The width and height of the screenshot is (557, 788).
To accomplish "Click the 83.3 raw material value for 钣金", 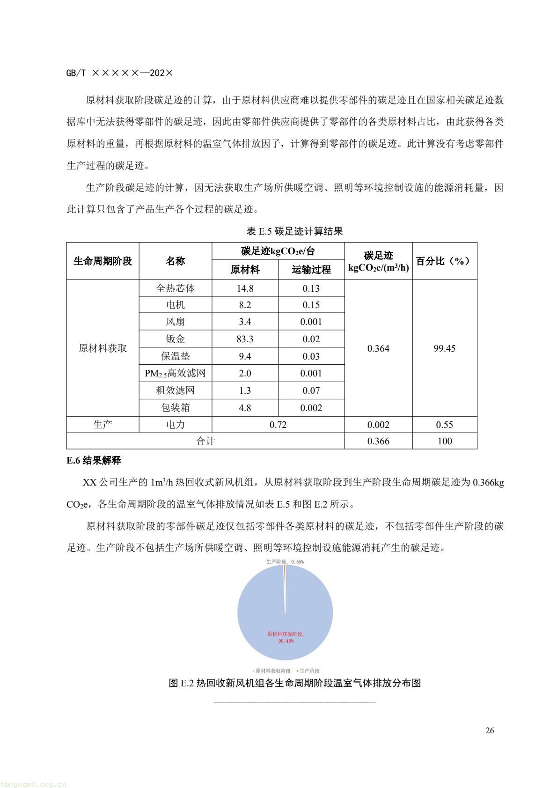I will (x=245, y=339).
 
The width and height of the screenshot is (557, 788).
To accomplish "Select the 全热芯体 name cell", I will (x=176, y=288).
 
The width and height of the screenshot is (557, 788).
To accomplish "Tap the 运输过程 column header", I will (x=311, y=269).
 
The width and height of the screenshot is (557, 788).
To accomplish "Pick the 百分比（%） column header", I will (x=444, y=261).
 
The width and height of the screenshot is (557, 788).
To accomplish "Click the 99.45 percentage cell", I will (x=444, y=348).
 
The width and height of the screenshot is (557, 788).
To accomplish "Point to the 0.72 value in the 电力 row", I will (x=278, y=425).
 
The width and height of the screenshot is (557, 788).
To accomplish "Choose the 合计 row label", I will (x=205, y=441).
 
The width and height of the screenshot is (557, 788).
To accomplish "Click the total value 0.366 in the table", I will (x=378, y=441).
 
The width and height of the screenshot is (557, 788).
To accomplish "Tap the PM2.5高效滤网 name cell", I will (x=176, y=373).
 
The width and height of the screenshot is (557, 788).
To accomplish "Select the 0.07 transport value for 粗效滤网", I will (x=311, y=390).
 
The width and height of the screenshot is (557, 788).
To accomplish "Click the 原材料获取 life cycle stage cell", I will (x=103, y=348).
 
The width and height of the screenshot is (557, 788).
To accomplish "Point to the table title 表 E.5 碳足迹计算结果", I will (x=295, y=231).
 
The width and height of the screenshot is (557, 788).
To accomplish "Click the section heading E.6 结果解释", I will (x=94, y=461).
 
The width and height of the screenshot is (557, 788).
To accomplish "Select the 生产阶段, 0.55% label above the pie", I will (x=285, y=561).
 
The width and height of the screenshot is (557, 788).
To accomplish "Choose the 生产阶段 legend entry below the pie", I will (x=308, y=671).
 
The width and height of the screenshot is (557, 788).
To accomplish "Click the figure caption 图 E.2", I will (x=295, y=683).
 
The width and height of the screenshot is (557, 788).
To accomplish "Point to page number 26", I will (x=490, y=730).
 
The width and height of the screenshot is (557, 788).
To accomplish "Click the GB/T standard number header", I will (x=120, y=74).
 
